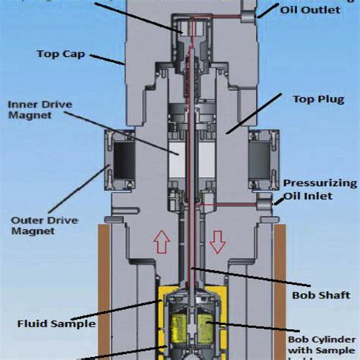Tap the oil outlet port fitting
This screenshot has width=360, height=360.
248,10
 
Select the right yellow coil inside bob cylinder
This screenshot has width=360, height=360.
206,330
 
